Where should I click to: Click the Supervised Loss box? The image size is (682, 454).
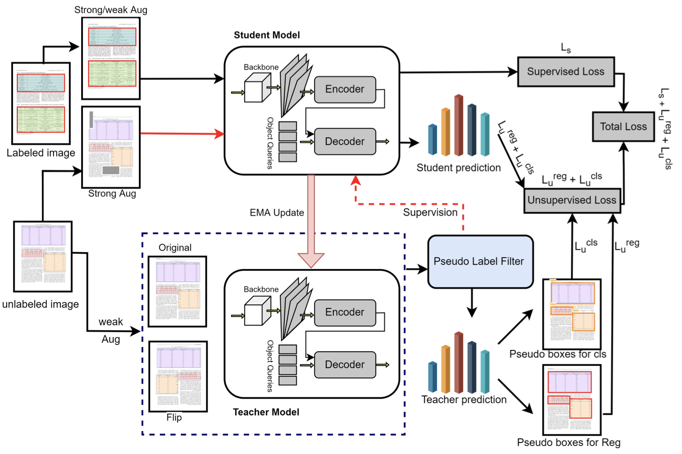tap(566, 71)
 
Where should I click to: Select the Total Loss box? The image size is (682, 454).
tap(623, 126)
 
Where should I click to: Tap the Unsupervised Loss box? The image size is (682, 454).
tap(572, 200)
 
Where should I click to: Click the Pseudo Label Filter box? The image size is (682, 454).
tap(480, 261)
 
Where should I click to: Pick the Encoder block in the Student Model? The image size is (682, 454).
tap(345, 89)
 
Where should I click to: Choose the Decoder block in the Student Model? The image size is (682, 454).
tap(345, 142)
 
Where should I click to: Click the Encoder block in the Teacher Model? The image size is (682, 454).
tap(345, 312)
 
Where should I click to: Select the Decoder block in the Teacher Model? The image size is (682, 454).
tap(345, 365)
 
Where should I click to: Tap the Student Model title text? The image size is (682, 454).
tap(266, 35)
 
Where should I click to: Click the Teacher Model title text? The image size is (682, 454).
tap(266, 412)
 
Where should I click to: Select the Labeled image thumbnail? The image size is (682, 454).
tap(41, 103)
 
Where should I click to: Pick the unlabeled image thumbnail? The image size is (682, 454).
tap(43, 256)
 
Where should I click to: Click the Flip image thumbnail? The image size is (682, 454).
tap(178, 376)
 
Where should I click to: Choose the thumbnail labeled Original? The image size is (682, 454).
tap(177, 291)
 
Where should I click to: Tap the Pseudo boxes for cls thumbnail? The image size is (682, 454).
tap(572, 313)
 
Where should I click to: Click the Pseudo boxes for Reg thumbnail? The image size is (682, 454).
tap(572, 399)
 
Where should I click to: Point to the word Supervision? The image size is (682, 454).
tap(430, 212)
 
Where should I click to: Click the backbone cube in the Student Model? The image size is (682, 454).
tap(258, 88)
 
